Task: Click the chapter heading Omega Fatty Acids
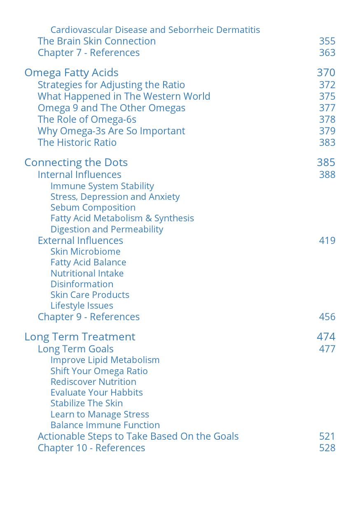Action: [x=71, y=73]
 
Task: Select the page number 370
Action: [x=326, y=73]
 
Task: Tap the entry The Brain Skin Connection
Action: [x=96, y=41]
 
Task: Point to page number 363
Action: [x=327, y=53]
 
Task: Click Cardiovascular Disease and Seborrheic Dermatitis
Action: [x=155, y=30]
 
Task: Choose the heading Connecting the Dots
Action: [x=76, y=162]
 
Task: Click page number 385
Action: [x=326, y=162]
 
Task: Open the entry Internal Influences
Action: [x=79, y=175]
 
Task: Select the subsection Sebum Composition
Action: [x=93, y=207]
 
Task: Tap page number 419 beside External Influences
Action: [x=327, y=241]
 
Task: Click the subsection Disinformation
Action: [x=82, y=284]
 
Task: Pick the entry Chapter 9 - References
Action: [x=89, y=317]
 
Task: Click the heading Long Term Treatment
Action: [x=79, y=337]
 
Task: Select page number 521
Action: [x=327, y=436]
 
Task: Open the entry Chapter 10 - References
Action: [x=91, y=448]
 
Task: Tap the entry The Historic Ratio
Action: [x=77, y=143]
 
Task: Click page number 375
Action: [x=327, y=96]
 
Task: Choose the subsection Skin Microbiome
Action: [x=85, y=251]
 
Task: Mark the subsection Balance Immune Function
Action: [x=105, y=425]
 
